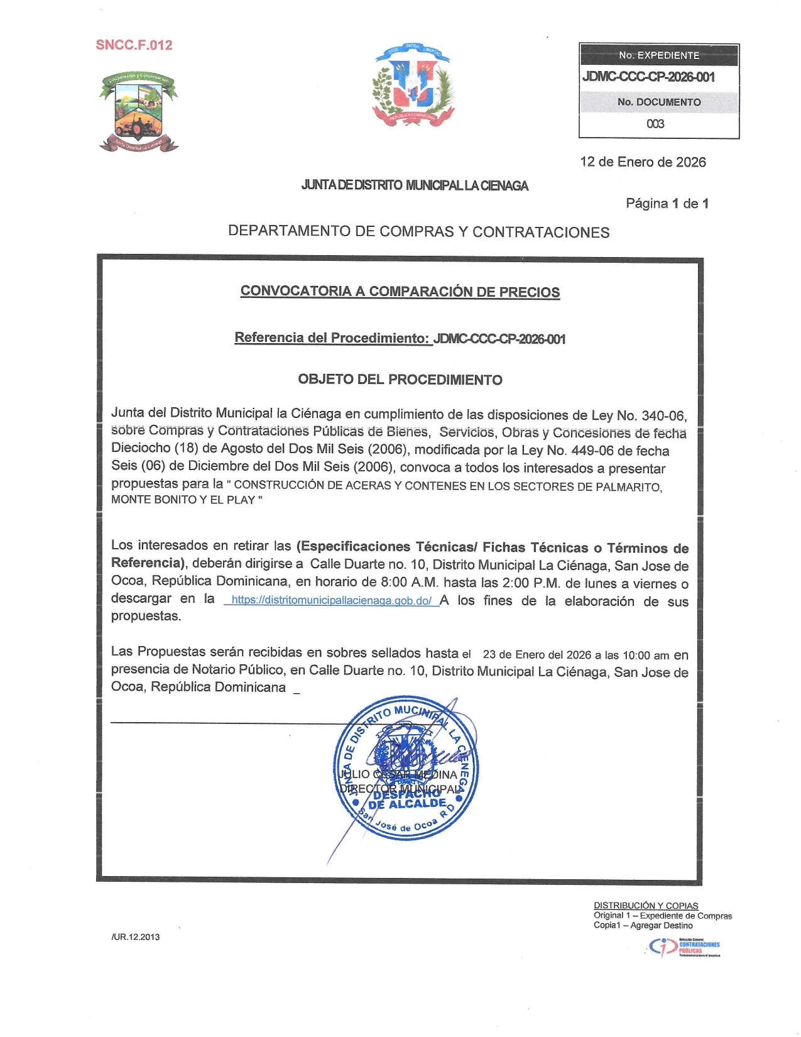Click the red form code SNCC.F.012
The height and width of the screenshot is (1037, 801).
tap(134, 45)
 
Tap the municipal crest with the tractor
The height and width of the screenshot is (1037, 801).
tap(138, 112)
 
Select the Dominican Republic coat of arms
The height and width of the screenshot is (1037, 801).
tap(413, 85)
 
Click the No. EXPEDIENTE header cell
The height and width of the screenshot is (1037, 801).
tap(658, 55)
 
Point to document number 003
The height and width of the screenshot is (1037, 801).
tap(655, 124)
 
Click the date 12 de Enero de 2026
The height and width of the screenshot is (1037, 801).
tap(643, 162)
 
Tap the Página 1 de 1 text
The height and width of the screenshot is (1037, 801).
tap(667, 204)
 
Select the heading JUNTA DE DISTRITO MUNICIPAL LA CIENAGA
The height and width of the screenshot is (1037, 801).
tap(415, 185)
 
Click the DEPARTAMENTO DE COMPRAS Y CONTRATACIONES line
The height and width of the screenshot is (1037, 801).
tap(418, 232)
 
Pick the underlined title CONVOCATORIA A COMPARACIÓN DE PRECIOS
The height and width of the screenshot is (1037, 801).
tap(400, 292)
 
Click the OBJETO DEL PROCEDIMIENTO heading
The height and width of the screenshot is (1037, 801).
tap(400, 380)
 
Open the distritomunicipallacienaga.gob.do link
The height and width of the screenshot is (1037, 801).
tap(331, 601)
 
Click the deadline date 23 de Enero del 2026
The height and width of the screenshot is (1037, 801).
tap(537, 655)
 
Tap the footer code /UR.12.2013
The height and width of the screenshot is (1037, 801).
tap(136, 937)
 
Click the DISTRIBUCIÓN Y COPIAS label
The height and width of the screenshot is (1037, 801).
tap(646, 906)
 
